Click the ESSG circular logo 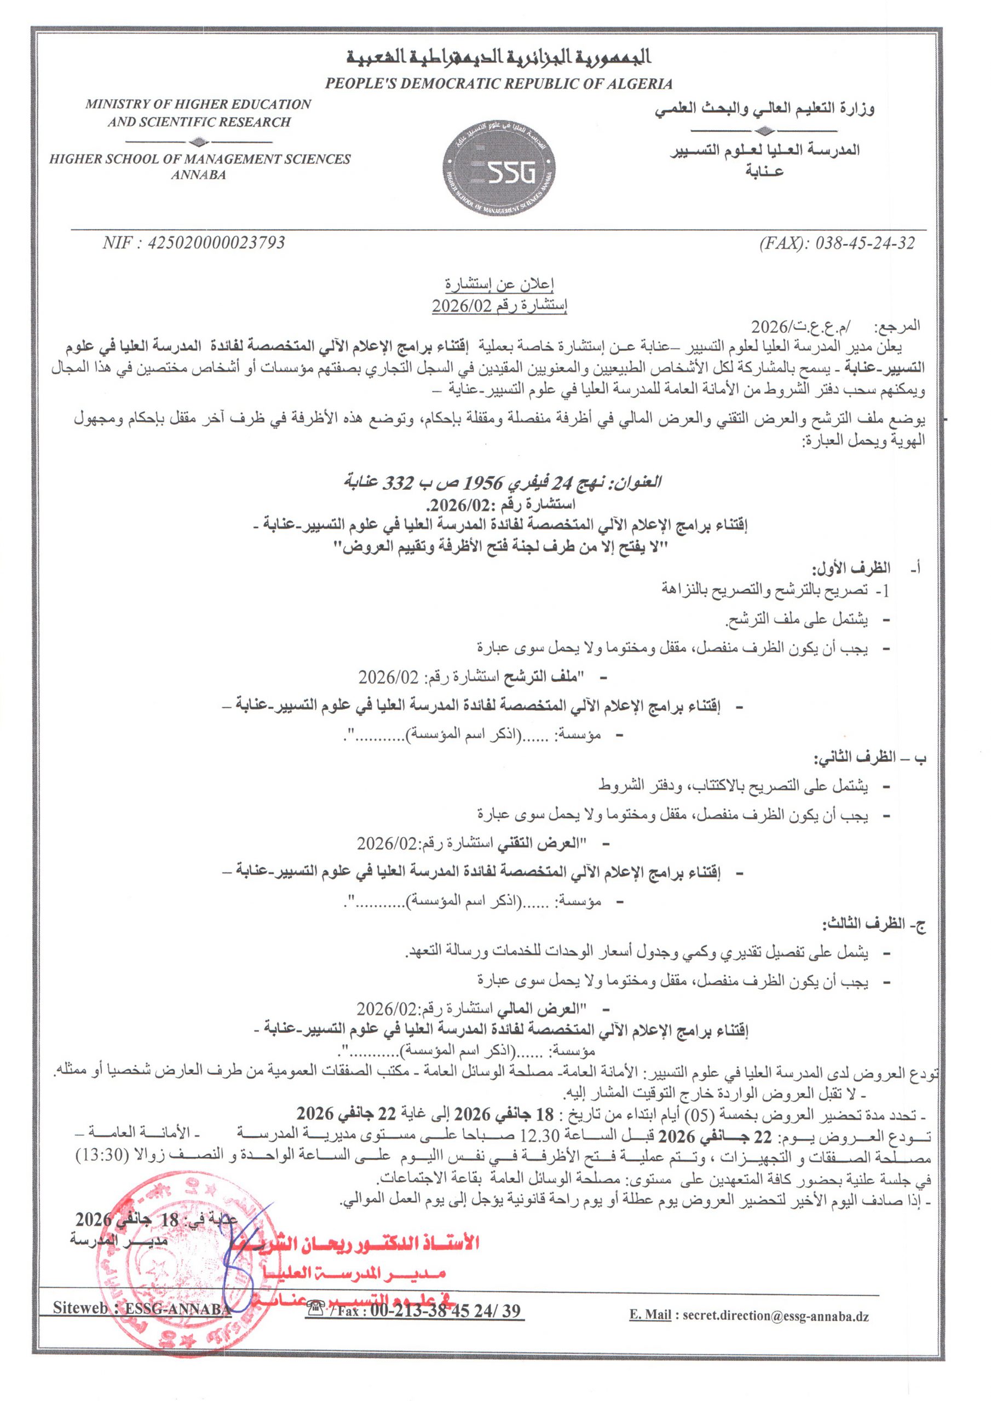(499, 173)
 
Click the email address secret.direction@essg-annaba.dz (775, 1316)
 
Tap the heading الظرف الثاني (853, 758)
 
